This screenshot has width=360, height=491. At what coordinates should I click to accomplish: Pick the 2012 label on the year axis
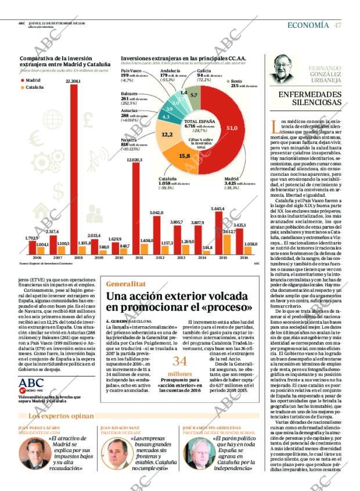[160, 258]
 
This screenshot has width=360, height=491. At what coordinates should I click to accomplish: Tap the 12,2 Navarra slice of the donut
[167, 135]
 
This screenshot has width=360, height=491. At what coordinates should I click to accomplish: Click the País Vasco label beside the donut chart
[132, 71]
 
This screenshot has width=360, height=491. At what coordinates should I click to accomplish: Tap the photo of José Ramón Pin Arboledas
[197, 453]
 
